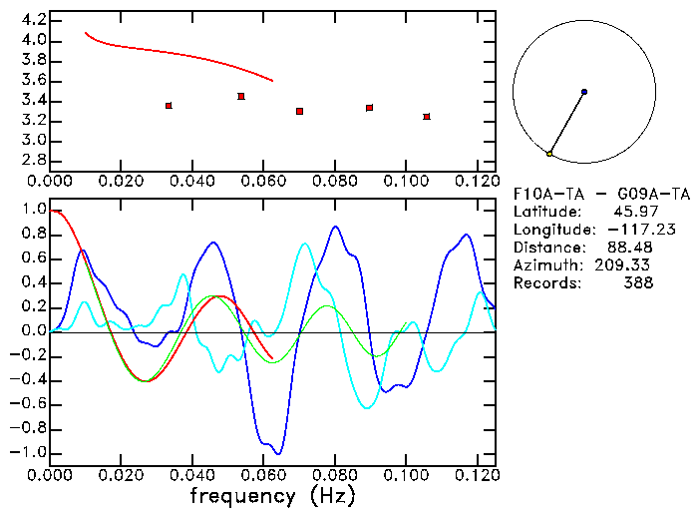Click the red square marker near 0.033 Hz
click(169, 105)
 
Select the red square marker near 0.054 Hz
click(241, 96)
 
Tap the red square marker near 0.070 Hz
click(299, 111)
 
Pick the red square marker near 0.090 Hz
click(369, 107)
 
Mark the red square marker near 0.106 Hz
click(426, 117)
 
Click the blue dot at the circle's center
click(583, 92)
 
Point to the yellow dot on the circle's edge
click(549, 153)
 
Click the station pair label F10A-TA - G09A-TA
click(602, 194)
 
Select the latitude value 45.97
click(629, 212)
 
